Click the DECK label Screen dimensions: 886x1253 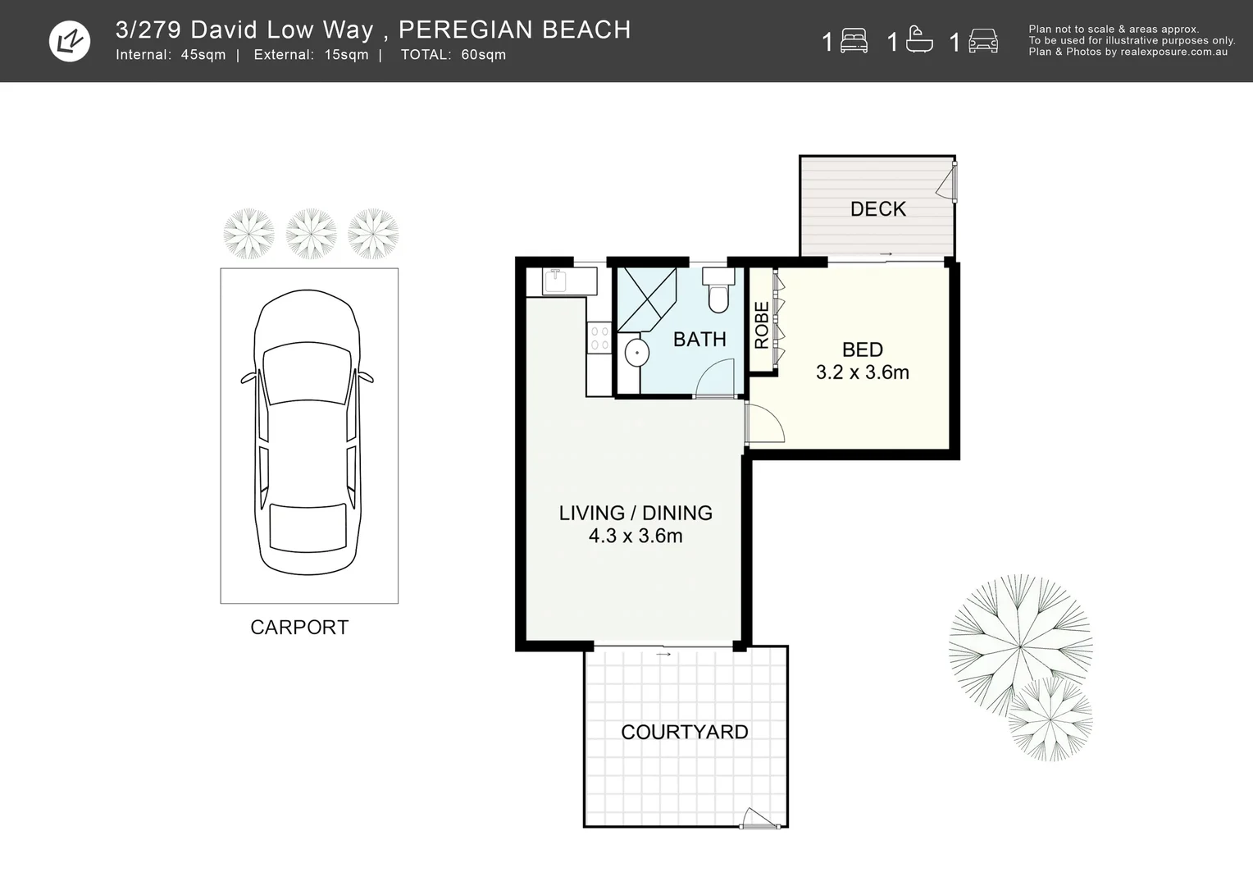pos(877,209)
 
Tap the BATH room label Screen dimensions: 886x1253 pos(699,339)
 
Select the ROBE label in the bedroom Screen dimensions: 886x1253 pos(762,326)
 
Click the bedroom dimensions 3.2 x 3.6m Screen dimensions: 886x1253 pos(862,372)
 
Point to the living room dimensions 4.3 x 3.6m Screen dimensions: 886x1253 pos(636,536)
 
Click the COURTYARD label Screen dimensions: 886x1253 pos(684,732)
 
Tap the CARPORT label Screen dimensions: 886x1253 pos(299,628)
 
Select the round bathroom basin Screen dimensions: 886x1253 pos(636,354)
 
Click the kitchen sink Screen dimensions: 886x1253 pos(556,281)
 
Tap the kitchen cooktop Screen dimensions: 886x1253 pos(599,338)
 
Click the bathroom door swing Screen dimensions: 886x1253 pos(714,380)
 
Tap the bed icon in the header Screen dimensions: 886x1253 pos(854,41)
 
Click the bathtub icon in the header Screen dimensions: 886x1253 pos(919,40)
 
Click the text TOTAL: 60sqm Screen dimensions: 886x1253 pos(453,55)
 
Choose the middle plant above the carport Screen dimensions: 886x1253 pos(311,234)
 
